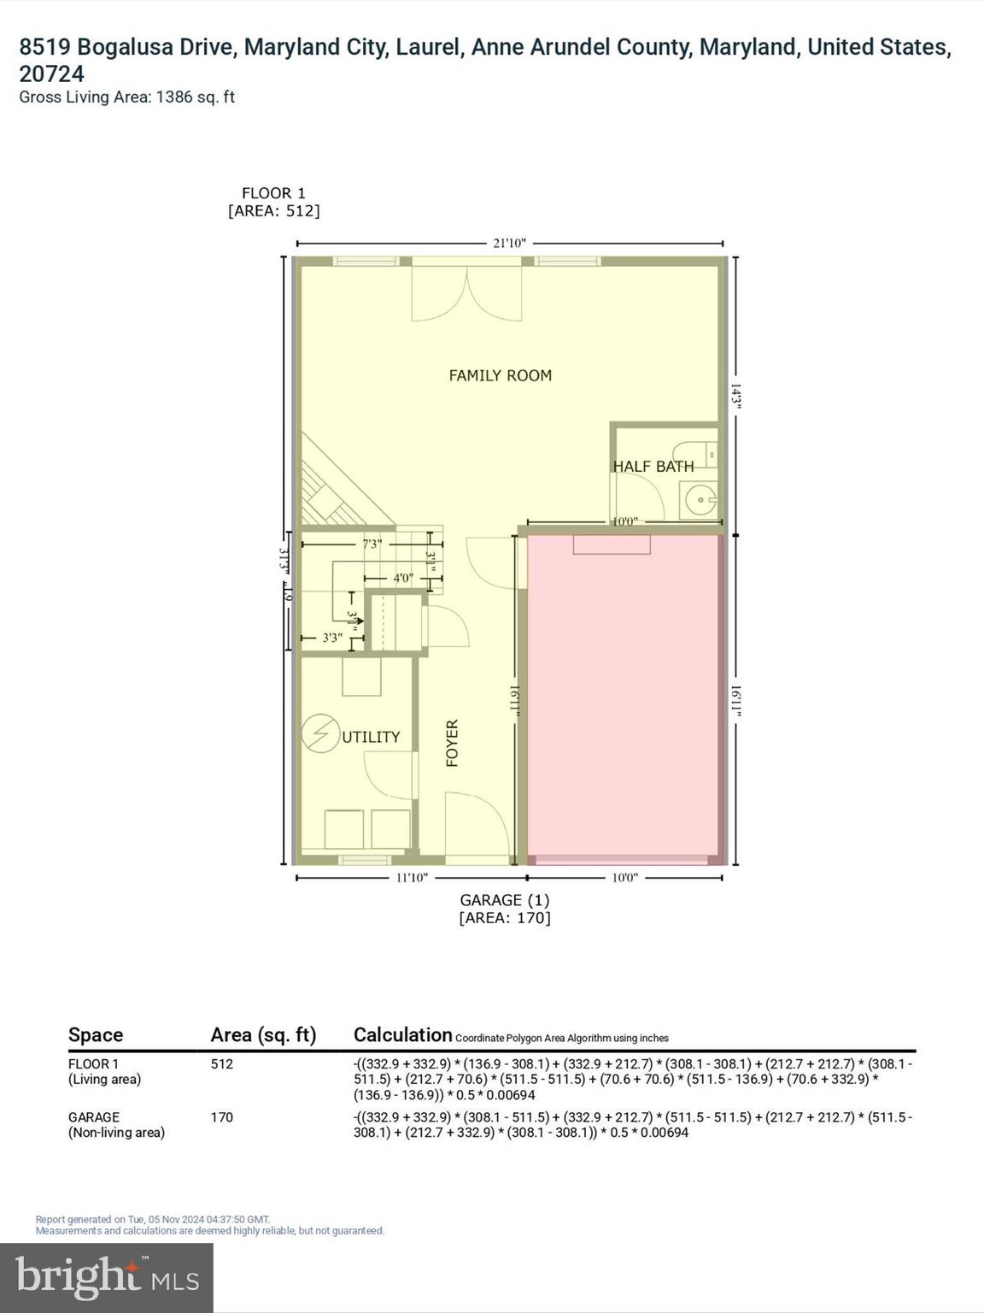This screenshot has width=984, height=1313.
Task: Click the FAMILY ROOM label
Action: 500,375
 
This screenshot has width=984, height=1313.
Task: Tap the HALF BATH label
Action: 653,466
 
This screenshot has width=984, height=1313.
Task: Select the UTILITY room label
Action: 371,737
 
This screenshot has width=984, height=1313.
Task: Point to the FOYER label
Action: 453,742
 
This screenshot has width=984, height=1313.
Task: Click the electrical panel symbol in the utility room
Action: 320,734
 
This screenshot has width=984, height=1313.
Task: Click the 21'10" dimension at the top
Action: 509,244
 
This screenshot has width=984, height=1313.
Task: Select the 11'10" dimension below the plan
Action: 412,878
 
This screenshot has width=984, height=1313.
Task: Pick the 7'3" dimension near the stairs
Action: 372,544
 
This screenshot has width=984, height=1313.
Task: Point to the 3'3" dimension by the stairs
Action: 332,638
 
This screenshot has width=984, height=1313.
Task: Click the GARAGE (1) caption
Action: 504,900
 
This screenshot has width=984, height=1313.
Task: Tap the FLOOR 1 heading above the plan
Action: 273,193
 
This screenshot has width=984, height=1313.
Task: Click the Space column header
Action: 96,1035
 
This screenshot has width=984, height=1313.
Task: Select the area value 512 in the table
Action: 222,1064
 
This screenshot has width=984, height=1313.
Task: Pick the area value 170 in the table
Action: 222,1117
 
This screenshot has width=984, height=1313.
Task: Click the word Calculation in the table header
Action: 402,1034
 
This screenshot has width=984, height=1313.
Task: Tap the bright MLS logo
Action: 107,1278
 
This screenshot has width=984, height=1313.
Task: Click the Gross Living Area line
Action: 126,97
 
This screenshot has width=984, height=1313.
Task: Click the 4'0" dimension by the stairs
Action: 403,578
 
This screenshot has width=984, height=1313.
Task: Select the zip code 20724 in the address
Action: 51,74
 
